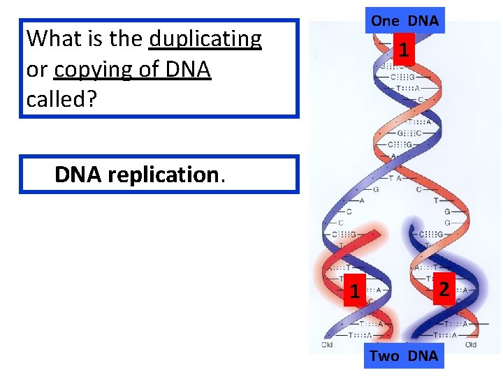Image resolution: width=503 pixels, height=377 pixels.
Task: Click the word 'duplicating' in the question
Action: pyautogui.click(x=205, y=39)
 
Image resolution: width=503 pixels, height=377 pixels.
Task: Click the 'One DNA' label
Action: pyautogui.click(x=404, y=21)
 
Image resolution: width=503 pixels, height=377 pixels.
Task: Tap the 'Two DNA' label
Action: pyautogui.click(x=404, y=356)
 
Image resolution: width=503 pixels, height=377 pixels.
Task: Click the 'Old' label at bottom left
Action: pyautogui.click(x=327, y=344)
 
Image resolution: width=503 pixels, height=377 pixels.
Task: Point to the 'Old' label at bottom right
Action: pyautogui.click(x=470, y=344)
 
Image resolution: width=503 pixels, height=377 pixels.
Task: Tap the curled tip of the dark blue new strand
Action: pyautogui.click(x=412, y=230)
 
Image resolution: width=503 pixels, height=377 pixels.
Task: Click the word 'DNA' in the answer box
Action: pyautogui.click(x=79, y=175)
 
